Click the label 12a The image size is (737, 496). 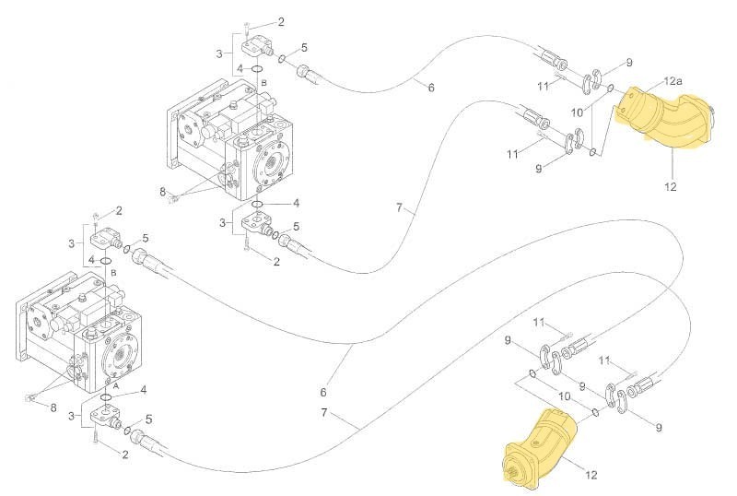click(673, 82)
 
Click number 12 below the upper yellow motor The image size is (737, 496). click(670, 187)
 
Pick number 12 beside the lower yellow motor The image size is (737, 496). click(591, 476)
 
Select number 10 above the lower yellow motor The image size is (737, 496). click(563, 396)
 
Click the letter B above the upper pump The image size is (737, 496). click(263, 83)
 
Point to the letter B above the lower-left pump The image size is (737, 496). click(112, 273)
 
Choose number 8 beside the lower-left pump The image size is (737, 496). click(53, 407)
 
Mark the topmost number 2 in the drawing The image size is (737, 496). click(280, 21)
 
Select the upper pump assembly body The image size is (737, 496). click(230, 143)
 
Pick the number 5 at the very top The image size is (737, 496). click(304, 47)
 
